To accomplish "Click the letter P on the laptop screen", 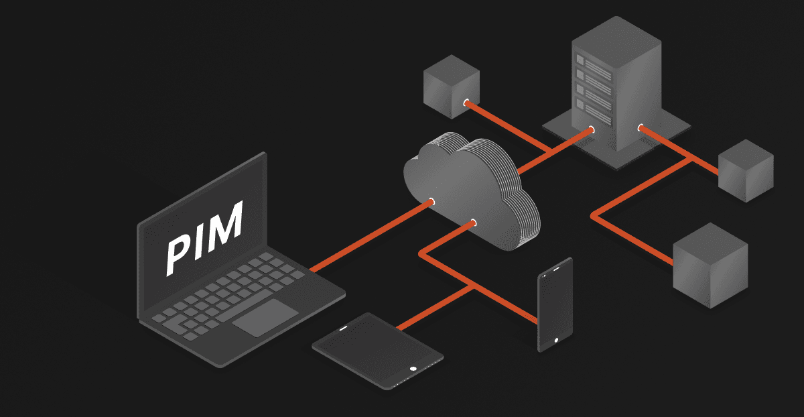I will click(x=180, y=254).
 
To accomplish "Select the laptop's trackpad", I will click(x=265, y=317).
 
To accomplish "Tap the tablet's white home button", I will click(x=413, y=368).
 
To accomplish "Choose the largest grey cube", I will click(x=710, y=265).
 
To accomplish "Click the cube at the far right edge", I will click(x=745, y=170).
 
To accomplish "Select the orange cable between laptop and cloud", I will click(x=368, y=235).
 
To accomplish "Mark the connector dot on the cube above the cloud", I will click(x=466, y=103).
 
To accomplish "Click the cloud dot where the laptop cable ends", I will click(x=431, y=200).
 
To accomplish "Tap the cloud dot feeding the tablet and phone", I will click(x=473, y=222).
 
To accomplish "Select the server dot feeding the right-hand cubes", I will click(x=641, y=127).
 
